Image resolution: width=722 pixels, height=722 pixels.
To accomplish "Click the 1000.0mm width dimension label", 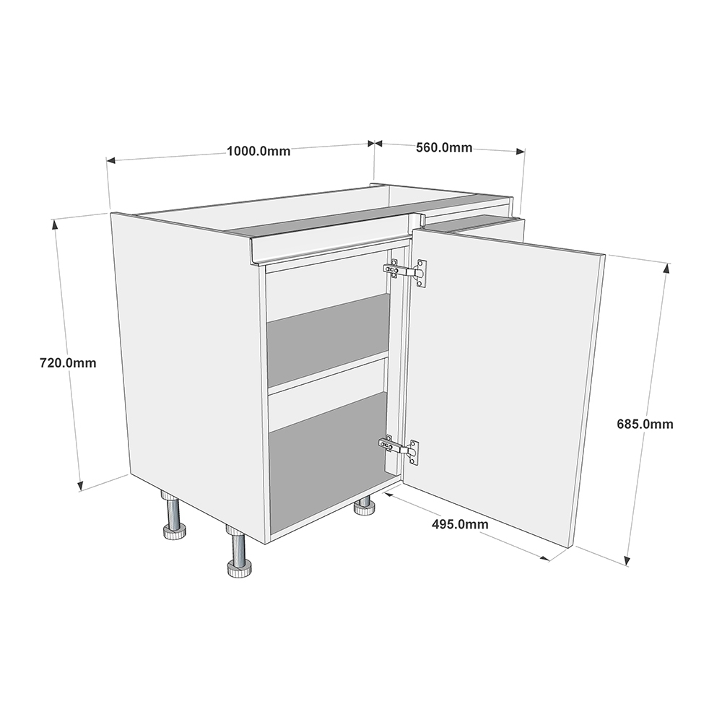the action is point(258,151).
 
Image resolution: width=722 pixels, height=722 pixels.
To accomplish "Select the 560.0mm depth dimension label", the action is point(444,147).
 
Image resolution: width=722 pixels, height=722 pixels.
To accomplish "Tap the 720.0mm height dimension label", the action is point(68,363).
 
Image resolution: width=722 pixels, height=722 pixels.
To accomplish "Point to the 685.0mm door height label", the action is point(645,424).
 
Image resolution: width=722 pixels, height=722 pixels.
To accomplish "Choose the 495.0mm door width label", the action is point(460,524).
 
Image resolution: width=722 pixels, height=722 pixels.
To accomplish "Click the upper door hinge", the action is point(405,273).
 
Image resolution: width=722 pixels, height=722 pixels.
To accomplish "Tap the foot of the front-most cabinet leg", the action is point(240,570).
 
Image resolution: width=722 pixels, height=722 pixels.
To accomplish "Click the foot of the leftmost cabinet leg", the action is point(175,532).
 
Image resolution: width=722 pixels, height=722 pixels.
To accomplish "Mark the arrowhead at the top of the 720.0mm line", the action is point(56,225).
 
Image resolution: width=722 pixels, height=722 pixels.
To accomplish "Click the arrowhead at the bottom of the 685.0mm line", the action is point(627,560).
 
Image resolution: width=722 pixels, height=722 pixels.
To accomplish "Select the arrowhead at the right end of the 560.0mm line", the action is point(521,151).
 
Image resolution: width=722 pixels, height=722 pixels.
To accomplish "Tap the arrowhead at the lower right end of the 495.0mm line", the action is point(545,558).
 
